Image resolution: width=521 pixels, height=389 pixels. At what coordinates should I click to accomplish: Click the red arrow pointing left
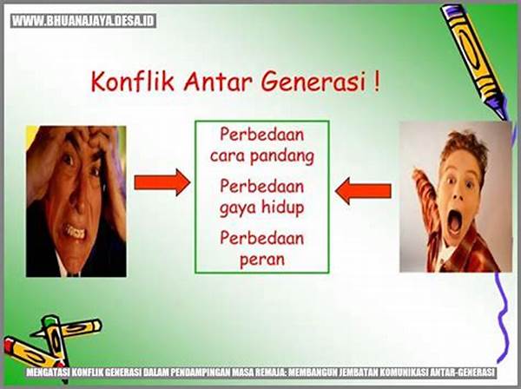(x=363, y=190)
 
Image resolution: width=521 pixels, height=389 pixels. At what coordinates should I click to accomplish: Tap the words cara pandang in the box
(x=261, y=156)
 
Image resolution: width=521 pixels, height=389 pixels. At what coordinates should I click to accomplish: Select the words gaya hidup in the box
(x=261, y=208)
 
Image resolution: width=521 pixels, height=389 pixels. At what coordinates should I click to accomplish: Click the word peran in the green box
(x=261, y=258)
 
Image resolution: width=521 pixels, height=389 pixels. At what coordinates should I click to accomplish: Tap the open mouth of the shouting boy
(x=454, y=220)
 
